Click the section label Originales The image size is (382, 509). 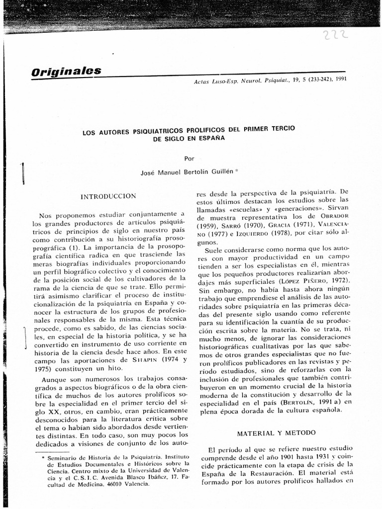(66, 71)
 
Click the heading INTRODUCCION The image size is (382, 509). (108, 196)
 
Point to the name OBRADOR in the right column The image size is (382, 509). (336, 217)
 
